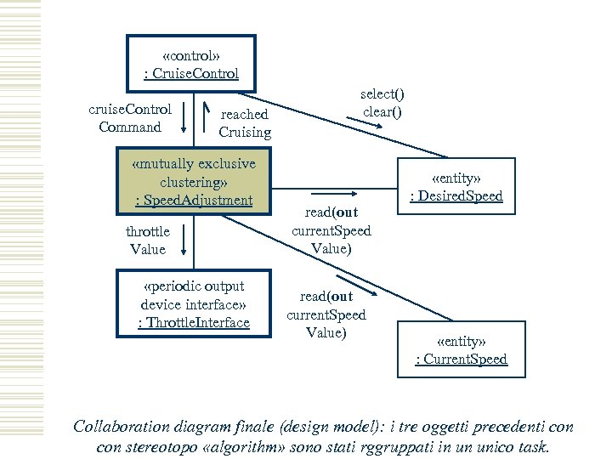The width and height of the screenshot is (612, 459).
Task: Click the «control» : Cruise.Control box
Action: (190, 63)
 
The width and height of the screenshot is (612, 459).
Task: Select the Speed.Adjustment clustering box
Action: (194, 181)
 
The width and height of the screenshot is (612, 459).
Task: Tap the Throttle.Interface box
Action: (193, 304)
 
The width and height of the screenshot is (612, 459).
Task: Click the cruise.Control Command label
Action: (130, 118)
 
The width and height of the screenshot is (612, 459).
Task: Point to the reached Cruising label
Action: (245, 123)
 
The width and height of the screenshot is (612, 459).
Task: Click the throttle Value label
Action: (147, 241)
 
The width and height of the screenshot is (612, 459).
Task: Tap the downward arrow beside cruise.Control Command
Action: (184, 119)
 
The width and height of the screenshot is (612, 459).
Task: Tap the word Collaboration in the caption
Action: (124, 426)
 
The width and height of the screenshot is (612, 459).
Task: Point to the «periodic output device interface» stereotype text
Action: (193, 295)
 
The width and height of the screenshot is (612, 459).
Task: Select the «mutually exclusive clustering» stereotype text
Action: (194, 172)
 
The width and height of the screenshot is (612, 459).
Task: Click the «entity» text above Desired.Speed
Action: (456, 178)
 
